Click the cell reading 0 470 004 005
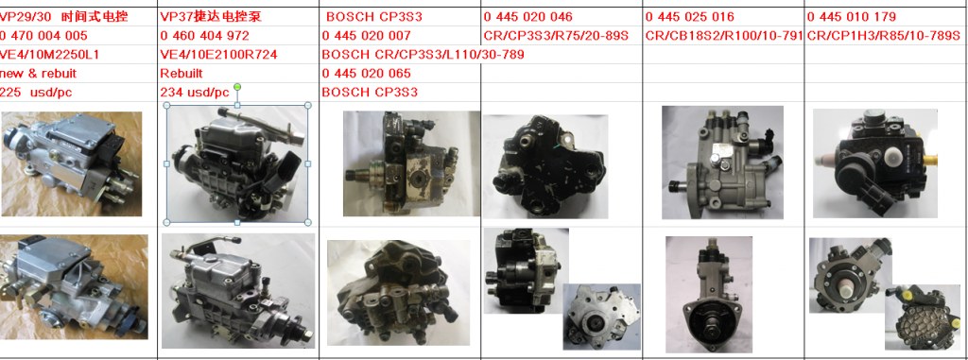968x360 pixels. click(x=43, y=36)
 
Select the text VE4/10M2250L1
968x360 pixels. click(x=49, y=55)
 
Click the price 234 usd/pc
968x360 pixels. click(x=195, y=92)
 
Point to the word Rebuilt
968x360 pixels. click(x=181, y=74)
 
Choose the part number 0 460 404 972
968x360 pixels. click(x=204, y=36)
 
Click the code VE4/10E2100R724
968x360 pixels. click(x=218, y=55)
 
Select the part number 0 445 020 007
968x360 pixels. click(x=366, y=36)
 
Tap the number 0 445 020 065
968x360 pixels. click(x=366, y=74)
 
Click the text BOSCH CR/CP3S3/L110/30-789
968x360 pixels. click(x=423, y=55)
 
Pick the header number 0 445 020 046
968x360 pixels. click(x=527, y=17)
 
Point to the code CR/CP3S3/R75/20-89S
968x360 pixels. click(x=556, y=36)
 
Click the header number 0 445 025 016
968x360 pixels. click(x=689, y=17)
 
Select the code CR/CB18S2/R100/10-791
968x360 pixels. click(x=724, y=36)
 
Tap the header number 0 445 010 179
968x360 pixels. click(x=852, y=17)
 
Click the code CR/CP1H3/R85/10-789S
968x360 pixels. click(x=884, y=36)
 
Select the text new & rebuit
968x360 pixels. click(x=38, y=74)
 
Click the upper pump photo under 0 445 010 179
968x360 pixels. click(x=874, y=163)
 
